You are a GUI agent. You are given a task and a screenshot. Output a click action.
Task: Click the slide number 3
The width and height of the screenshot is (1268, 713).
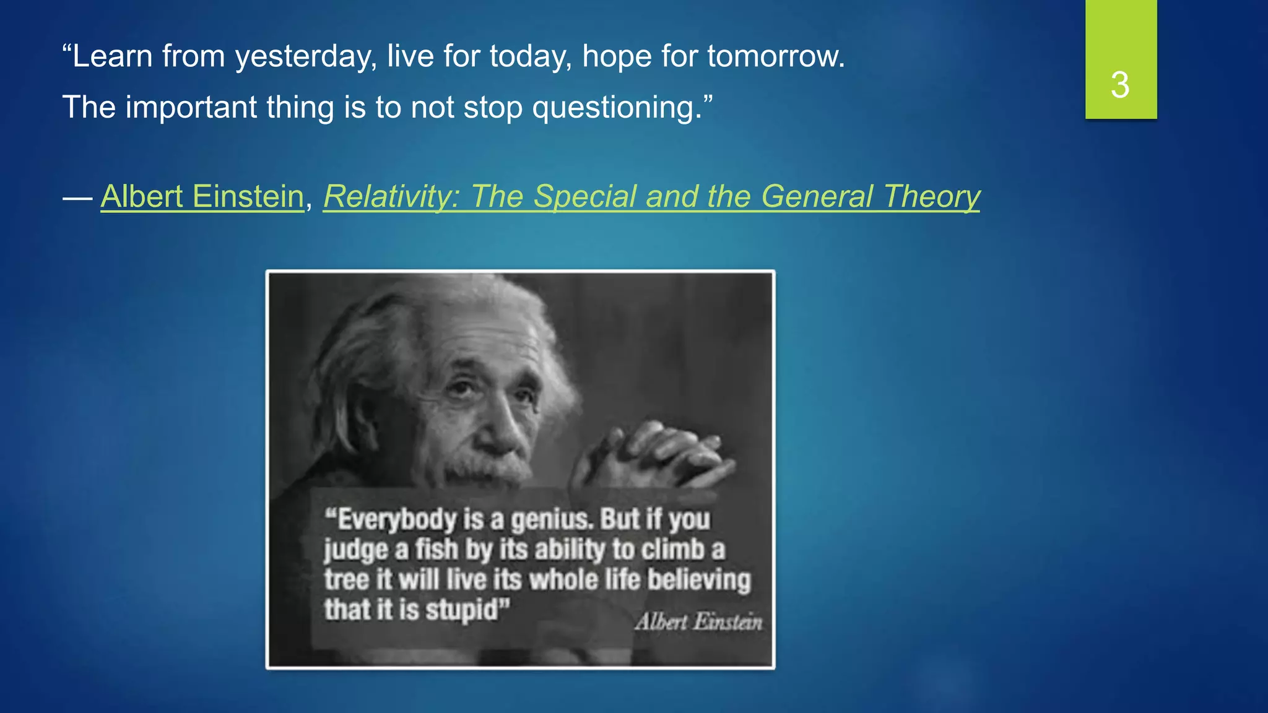[1120, 85]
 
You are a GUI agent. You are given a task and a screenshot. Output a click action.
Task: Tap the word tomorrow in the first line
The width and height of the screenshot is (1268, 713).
[775, 57]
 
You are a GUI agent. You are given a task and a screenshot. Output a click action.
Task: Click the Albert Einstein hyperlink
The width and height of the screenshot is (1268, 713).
[202, 197]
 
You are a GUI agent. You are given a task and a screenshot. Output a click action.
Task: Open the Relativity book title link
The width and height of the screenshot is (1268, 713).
[651, 197]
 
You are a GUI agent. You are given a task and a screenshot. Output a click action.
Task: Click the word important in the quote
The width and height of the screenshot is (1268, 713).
[191, 108]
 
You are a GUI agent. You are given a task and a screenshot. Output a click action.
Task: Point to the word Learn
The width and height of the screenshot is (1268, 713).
[111, 57]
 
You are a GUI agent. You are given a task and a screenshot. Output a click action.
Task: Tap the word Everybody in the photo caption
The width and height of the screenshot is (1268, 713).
[397, 519]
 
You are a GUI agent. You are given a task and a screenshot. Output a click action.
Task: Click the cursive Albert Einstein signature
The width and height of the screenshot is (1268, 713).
[698, 621]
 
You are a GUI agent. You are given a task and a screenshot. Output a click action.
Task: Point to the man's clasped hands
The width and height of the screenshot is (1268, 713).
[656, 455]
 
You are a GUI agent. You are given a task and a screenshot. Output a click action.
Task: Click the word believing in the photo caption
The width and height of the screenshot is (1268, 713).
[699, 580]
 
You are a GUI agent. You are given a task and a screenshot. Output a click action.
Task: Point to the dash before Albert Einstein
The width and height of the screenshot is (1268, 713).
[77, 198]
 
